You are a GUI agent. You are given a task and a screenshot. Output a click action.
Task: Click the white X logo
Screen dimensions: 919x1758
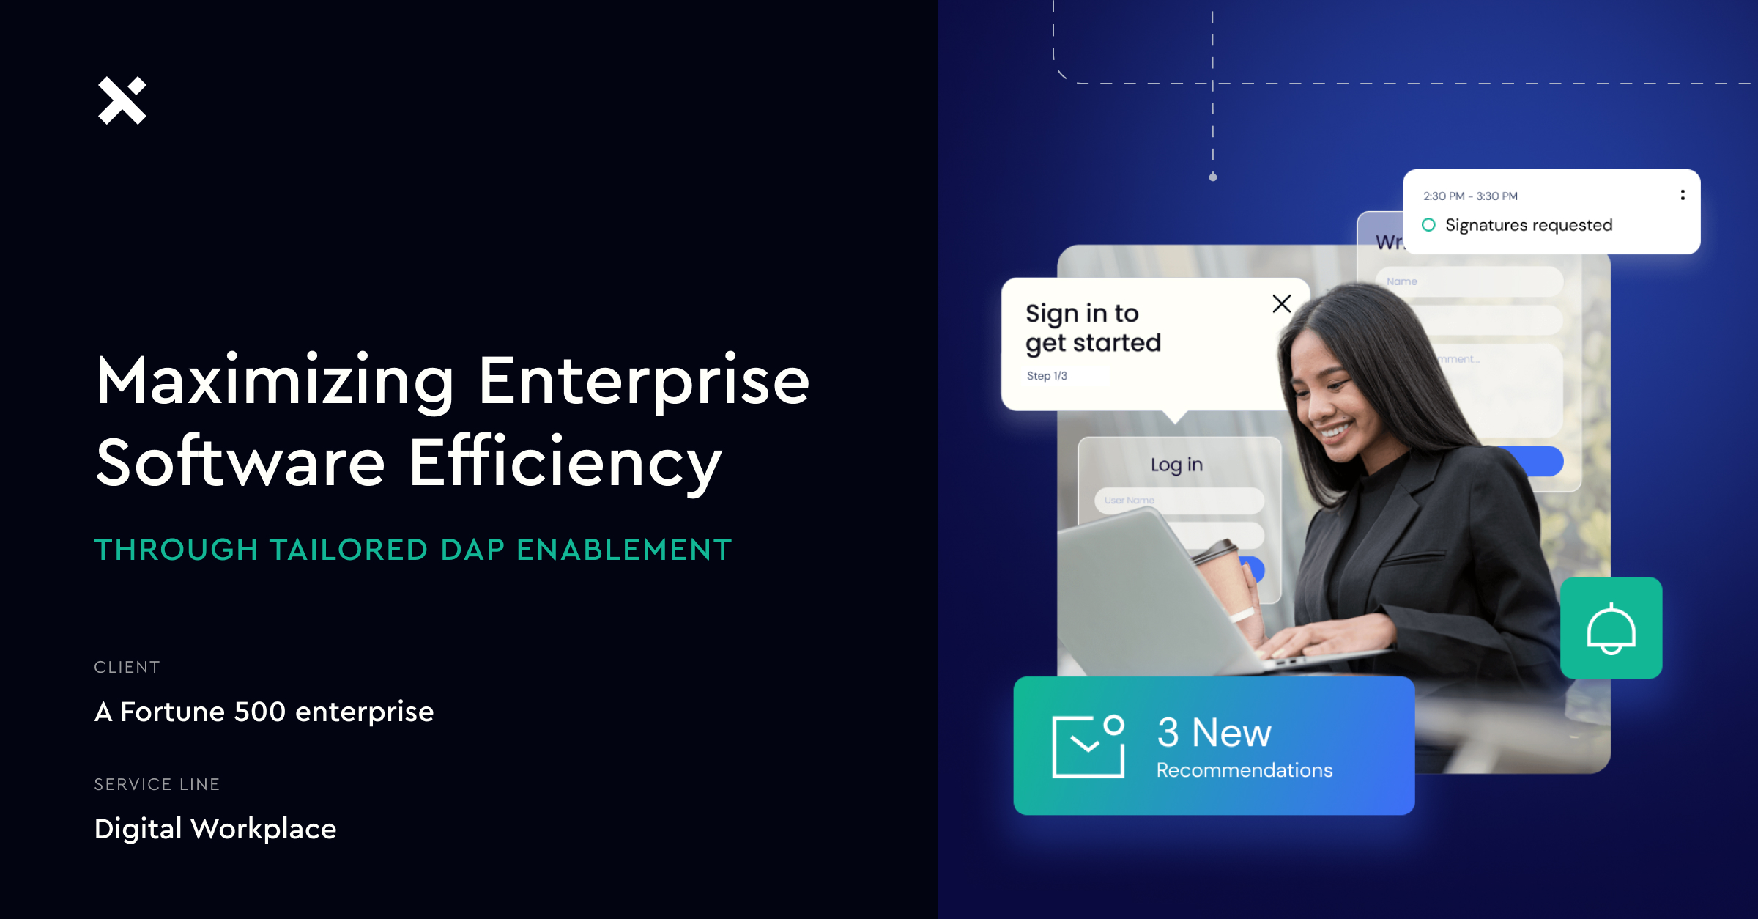pyautogui.click(x=122, y=100)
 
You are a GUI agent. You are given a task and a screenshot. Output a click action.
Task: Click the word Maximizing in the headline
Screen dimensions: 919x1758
pyautogui.click(x=275, y=381)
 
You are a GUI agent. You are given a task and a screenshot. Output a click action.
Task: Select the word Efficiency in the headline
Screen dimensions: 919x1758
pyautogui.click(x=565, y=463)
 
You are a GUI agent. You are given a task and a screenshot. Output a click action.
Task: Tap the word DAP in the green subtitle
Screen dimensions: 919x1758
pyautogui.click(x=472, y=550)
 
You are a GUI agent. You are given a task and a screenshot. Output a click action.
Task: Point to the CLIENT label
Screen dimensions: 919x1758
pyautogui.click(x=127, y=667)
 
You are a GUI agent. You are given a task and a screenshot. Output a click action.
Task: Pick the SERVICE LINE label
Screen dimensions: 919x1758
pyautogui.click(x=157, y=784)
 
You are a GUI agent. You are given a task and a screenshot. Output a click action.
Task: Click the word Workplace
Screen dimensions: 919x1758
pyautogui.click(x=263, y=829)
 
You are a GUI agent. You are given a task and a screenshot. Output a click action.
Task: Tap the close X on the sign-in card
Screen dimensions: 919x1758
pyautogui.click(x=1281, y=303)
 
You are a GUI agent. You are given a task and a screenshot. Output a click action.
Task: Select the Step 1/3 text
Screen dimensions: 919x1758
pyautogui.click(x=1047, y=376)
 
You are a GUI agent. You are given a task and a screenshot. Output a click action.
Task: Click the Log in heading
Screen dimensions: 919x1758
pyautogui.click(x=1176, y=465)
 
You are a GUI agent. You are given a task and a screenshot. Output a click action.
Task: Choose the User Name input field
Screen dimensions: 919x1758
pyautogui.click(x=1179, y=501)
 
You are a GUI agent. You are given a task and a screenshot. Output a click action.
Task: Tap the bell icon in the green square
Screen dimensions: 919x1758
pyautogui.click(x=1611, y=628)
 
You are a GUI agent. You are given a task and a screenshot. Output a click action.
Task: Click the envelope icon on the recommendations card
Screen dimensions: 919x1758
pyautogui.click(x=1088, y=746)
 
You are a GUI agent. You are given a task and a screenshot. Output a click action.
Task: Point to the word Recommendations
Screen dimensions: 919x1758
pyautogui.click(x=1244, y=770)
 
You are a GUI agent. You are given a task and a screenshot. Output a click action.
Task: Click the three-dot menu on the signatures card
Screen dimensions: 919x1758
pyautogui.click(x=1683, y=195)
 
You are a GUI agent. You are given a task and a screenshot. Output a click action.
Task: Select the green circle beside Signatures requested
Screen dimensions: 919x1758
pyautogui.click(x=1428, y=225)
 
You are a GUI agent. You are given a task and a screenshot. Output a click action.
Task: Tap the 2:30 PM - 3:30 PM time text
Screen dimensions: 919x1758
pyautogui.click(x=1470, y=196)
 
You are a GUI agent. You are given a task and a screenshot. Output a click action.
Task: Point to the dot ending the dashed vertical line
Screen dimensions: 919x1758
pyautogui.click(x=1213, y=177)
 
